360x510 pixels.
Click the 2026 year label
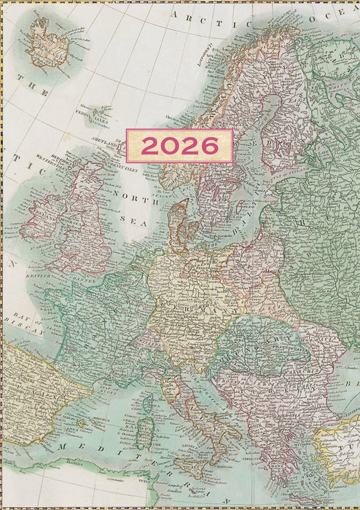[x=179, y=146]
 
